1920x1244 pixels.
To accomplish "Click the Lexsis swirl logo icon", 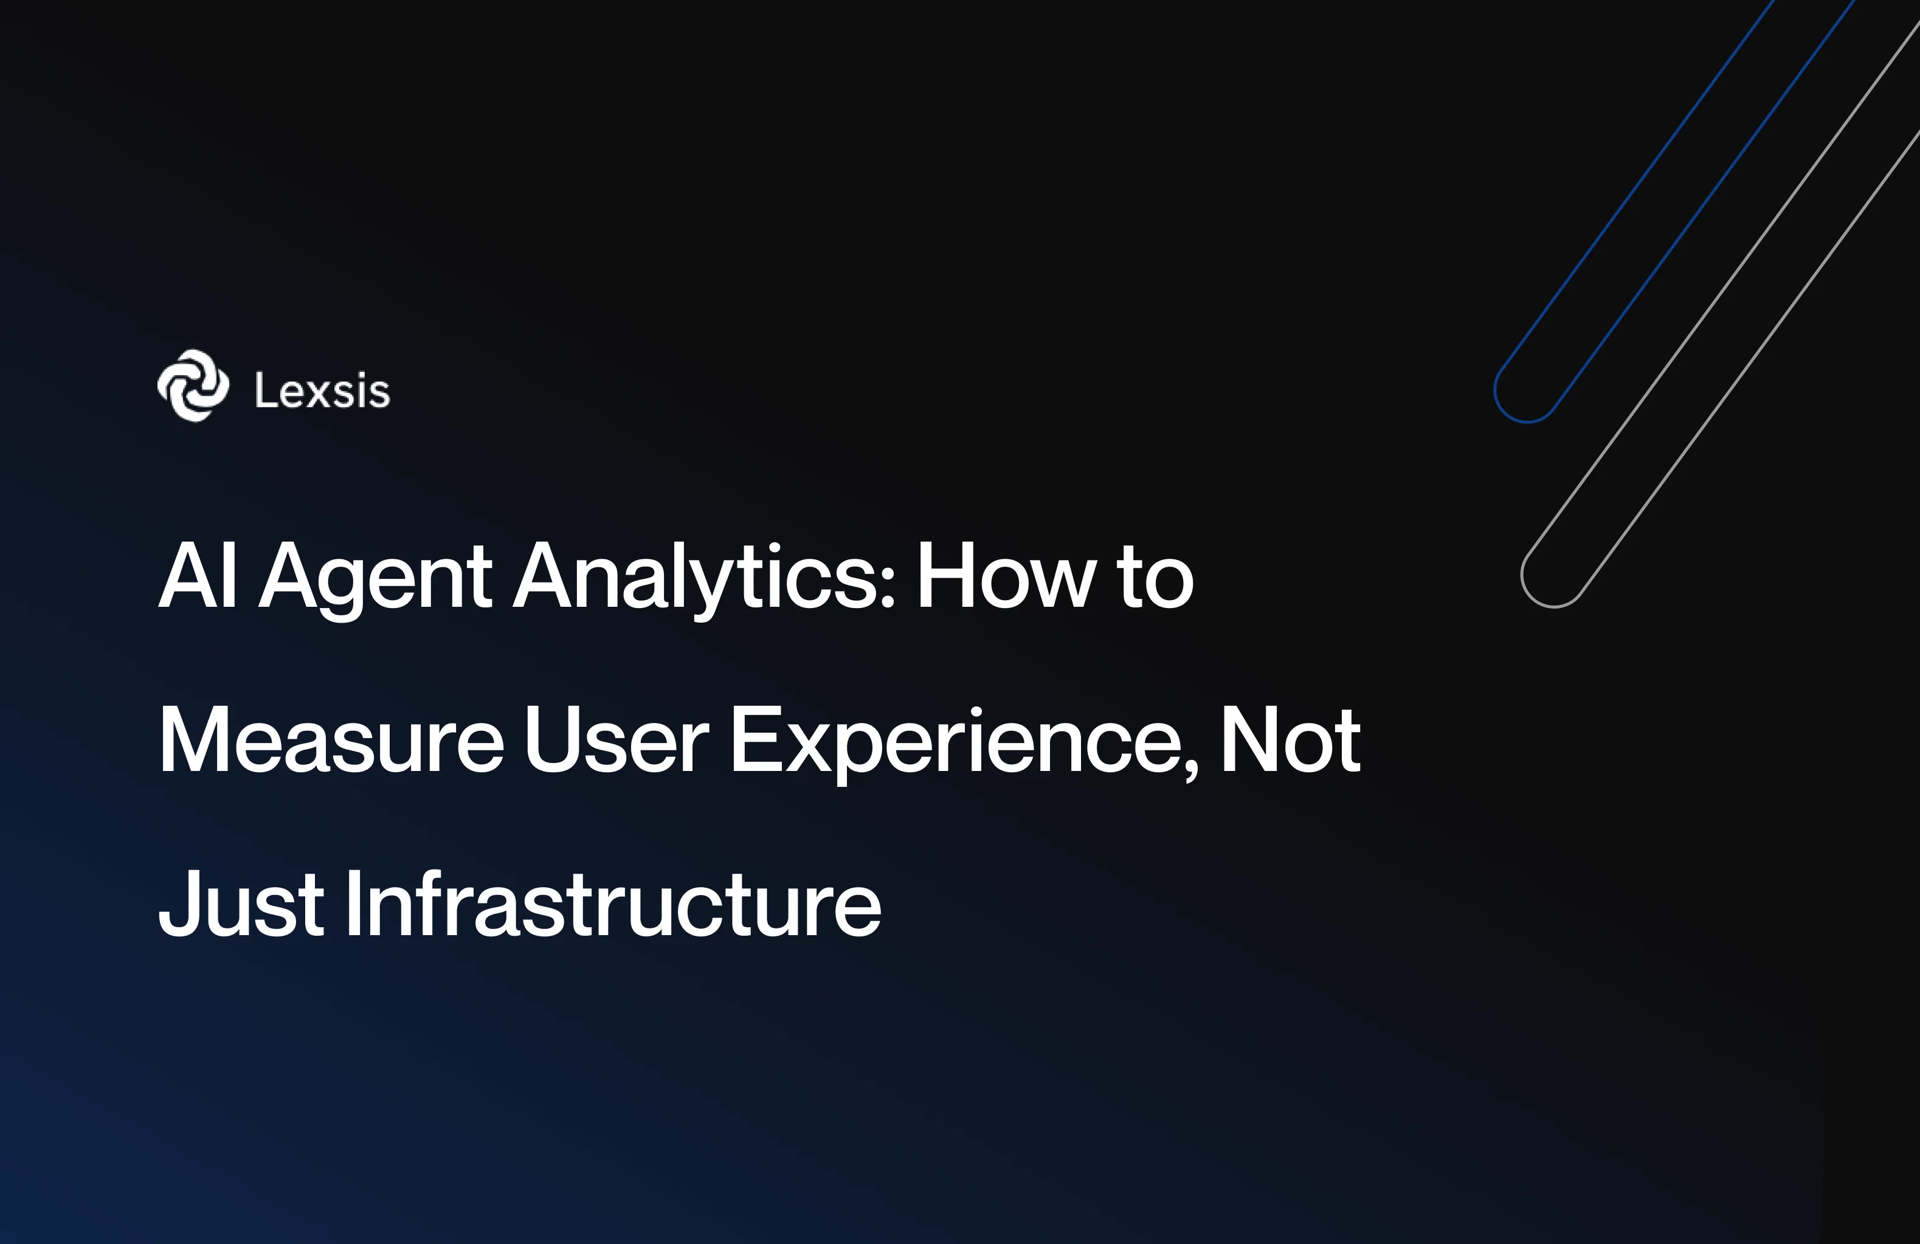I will [x=193, y=385].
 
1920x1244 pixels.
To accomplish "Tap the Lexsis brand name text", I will [x=322, y=392].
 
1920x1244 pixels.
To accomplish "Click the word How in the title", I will [x=1006, y=576].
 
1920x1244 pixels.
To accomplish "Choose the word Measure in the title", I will [x=331, y=740].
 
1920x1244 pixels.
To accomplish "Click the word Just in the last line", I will [x=240, y=904].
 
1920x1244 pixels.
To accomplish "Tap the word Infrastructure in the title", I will [x=613, y=904].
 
